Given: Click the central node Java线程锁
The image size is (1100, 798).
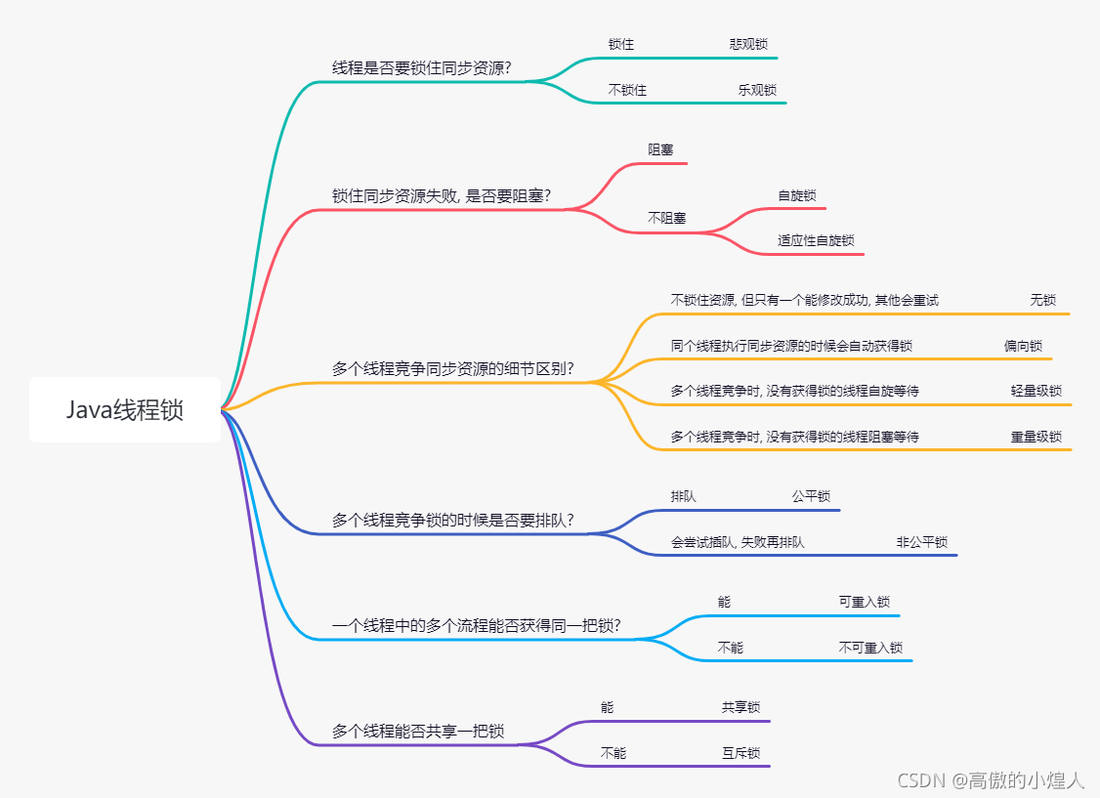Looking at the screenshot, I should tap(125, 410).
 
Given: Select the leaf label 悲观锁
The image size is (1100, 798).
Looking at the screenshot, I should tap(748, 44).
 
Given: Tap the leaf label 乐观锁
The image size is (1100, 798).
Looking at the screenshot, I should tap(758, 90).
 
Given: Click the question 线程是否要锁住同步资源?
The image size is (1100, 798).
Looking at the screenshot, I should tap(422, 68).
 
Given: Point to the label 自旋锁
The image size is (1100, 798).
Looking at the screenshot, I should tap(797, 195).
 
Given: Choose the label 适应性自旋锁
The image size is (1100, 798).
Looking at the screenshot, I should tap(817, 240).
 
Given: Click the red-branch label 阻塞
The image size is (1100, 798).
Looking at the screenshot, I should tap(661, 149).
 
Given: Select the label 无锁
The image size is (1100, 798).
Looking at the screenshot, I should tap(1043, 300).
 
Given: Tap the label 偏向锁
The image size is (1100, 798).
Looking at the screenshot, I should tap(1023, 346).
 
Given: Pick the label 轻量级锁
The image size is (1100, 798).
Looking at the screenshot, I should tap(1037, 391).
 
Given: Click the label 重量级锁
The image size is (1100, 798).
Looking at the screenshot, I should tap(1037, 437).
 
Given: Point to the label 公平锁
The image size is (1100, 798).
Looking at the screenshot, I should tap(811, 496).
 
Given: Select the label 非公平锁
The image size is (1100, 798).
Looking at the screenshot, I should tap(922, 542).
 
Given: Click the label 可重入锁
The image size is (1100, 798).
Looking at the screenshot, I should tap(865, 602).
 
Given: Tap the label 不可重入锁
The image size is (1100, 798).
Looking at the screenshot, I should tap(870, 648).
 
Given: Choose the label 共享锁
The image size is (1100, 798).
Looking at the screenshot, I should tap(741, 707).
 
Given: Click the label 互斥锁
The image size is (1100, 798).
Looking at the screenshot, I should tap(741, 753).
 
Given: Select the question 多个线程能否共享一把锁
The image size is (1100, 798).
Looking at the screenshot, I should tap(418, 731).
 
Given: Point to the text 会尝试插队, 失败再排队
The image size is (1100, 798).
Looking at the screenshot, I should tap(738, 542).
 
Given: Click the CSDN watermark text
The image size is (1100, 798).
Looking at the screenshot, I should tap(991, 779).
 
